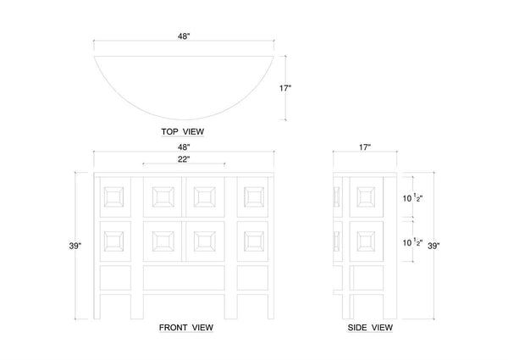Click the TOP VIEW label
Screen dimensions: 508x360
coord(183,132)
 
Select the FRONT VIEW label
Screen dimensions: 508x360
coord(186,328)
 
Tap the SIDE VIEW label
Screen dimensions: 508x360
coord(370,328)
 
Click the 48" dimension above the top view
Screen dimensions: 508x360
coord(184,36)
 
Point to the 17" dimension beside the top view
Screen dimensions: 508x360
coord(285,88)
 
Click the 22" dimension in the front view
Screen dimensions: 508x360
coord(184,159)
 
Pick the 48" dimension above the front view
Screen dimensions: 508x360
coord(184,147)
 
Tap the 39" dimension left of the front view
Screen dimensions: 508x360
coord(75,246)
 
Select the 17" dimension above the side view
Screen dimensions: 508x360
coord(365,147)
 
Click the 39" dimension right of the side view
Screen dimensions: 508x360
coord(433,246)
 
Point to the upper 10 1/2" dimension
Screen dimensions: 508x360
coord(413,198)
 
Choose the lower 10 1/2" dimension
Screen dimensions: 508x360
coord(413,242)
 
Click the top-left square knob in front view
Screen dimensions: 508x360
coord(113,197)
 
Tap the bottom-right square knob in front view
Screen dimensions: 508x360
coord(254,241)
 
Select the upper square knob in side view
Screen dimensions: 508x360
coord(366,197)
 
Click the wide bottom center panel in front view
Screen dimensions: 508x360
coord(184,278)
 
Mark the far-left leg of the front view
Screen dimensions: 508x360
coord(97,307)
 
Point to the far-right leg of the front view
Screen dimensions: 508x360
coord(271,307)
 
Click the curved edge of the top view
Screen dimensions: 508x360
coord(184,119)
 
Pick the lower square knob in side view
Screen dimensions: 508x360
coord(366,241)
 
